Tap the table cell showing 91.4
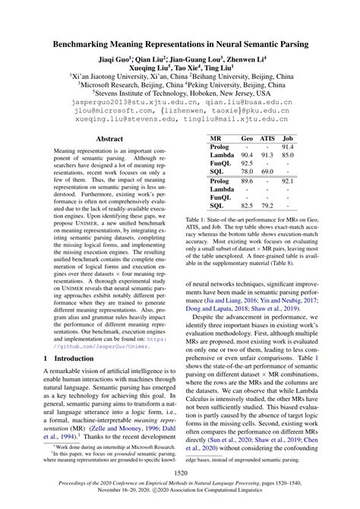pos(288,147)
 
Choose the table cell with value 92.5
pos(247,163)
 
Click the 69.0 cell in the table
pos(267,172)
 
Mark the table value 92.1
pos(288,182)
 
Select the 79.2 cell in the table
pos(267,205)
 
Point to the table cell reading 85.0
pos(288,155)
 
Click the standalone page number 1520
pos(180,473)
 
